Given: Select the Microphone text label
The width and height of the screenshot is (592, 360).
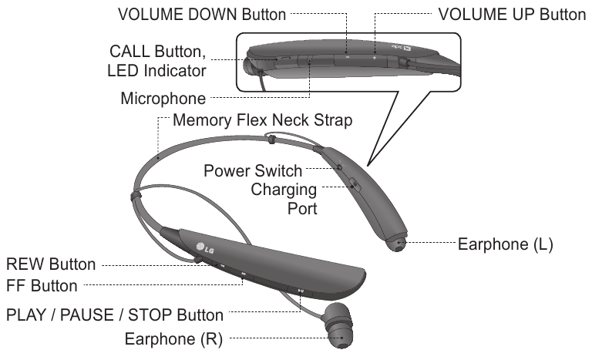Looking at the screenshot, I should tap(163, 99).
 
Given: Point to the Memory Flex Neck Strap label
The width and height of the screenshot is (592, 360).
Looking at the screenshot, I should tap(263, 121).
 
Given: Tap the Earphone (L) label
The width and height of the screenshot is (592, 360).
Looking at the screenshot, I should tap(506, 245).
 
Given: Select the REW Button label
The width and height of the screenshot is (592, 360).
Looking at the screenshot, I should tap(51, 264).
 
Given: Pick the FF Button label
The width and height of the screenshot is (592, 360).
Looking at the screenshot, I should tap(42, 285).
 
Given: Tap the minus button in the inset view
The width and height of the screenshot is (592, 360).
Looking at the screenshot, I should tap(346, 57).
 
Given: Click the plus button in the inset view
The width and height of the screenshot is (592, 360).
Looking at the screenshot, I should tap(375, 57).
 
